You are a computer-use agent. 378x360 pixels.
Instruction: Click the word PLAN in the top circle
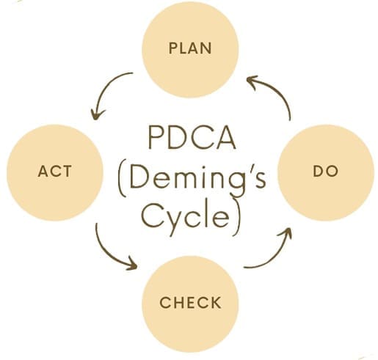190,48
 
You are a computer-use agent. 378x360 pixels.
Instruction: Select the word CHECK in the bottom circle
190,302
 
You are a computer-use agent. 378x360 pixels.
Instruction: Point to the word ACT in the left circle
55,171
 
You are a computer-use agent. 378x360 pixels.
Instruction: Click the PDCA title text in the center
192,137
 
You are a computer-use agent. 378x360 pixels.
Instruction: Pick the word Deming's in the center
197,180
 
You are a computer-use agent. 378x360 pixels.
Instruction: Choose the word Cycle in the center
186,215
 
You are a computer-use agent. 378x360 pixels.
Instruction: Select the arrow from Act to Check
108,251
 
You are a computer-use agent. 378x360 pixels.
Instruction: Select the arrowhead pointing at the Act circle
96,115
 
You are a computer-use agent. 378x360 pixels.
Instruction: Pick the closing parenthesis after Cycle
237,218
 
